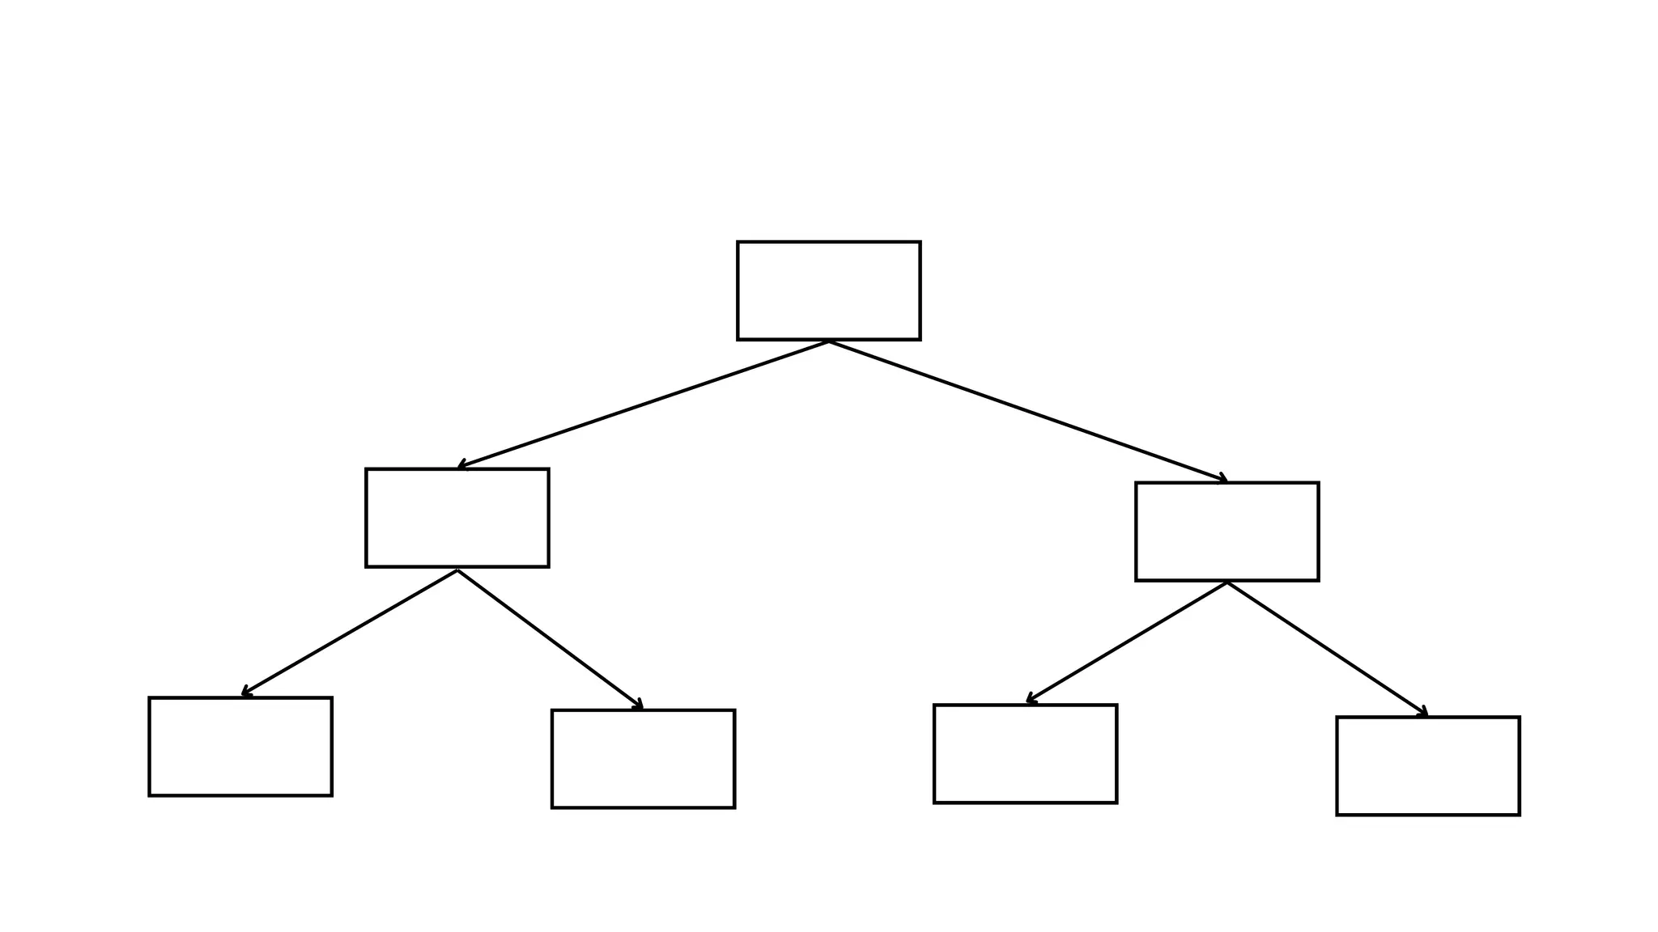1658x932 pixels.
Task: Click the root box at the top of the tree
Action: click(828, 290)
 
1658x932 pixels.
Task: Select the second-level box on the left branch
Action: click(457, 518)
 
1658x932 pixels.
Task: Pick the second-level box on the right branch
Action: click(1226, 532)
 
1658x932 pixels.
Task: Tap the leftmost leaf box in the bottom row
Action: click(240, 746)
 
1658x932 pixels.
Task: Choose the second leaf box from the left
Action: click(643, 759)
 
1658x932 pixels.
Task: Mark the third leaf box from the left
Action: click(1025, 753)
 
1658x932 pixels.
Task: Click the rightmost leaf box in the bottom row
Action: click(1427, 765)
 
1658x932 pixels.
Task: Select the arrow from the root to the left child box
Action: click(644, 405)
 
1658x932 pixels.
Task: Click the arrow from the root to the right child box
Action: click(1028, 411)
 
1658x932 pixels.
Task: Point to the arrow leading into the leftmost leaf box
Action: click(350, 633)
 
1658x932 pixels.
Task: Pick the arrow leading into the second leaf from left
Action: click(551, 640)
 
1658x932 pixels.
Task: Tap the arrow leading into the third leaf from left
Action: click(1127, 642)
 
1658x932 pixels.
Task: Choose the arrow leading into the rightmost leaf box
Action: click(1328, 649)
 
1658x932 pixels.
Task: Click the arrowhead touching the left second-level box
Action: click(461, 466)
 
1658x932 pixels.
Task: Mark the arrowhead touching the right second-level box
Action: click(1223, 480)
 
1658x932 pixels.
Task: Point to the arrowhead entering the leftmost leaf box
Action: click(244, 693)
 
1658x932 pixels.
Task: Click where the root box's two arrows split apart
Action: click(829, 342)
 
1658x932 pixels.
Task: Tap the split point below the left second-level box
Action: click(457, 570)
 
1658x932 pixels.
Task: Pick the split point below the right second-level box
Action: click(1227, 582)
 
